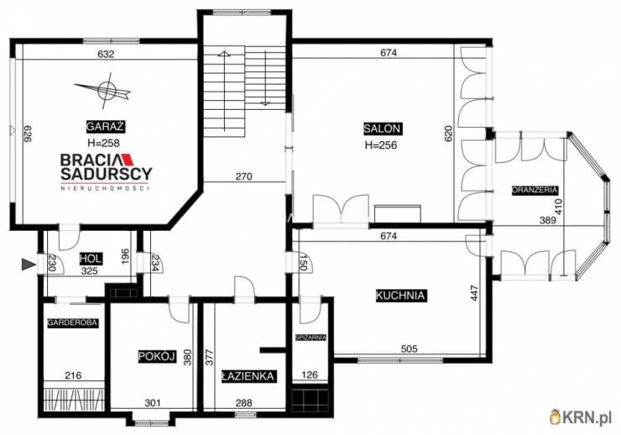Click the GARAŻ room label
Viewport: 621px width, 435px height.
click(x=106, y=126)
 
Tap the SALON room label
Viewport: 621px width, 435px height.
click(x=382, y=128)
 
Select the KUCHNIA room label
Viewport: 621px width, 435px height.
click(x=400, y=295)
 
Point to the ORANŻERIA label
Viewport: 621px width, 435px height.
click(x=535, y=190)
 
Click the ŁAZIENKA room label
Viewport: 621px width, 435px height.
click(x=248, y=375)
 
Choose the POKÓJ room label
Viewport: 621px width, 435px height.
click(x=157, y=356)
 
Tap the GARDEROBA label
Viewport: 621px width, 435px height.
click(x=72, y=322)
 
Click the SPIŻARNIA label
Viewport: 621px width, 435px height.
click(x=311, y=338)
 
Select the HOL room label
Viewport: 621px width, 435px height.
click(x=91, y=259)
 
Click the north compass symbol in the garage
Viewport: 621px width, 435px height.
click(x=104, y=91)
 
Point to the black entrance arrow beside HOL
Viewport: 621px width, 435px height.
click(x=29, y=265)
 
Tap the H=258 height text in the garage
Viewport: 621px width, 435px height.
click(x=103, y=143)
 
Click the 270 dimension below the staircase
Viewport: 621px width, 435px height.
click(x=243, y=176)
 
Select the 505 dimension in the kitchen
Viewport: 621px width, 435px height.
click(x=410, y=349)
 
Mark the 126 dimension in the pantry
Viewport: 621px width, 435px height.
click(x=310, y=375)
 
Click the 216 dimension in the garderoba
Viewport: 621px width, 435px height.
click(x=73, y=375)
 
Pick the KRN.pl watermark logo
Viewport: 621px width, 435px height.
click(x=582, y=417)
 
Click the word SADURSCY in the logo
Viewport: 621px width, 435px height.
click(x=106, y=173)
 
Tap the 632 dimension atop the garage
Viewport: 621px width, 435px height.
click(x=106, y=54)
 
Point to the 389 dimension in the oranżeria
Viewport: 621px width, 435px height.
click(x=548, y=220)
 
